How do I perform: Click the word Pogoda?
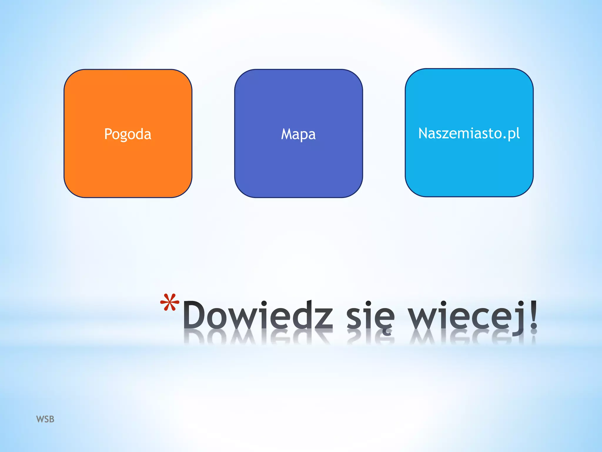point(128,134)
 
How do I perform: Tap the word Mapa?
point(298,134)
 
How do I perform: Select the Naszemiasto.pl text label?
point(469,133)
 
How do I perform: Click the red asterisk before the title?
point(170,303)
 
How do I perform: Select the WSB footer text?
point(45,419)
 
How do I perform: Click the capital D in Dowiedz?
point(195,315)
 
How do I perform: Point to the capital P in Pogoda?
point(108,134)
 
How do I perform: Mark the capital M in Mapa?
point(287,134)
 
